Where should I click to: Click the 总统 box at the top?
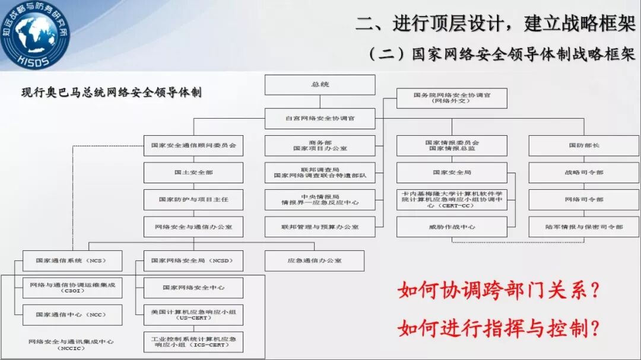pos(320,85)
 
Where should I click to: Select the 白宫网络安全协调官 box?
pos(320,118)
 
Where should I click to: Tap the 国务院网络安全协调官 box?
pos(452,98)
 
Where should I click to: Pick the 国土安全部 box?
pos(193,173)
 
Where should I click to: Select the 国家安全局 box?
pos(452,173)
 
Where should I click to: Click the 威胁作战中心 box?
pos(452,227)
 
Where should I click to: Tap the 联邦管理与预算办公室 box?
pos(320,227)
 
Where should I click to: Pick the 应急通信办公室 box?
pos(314,260)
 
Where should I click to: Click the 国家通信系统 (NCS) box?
pos(72,260)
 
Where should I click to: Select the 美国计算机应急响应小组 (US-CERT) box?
pos(193,315)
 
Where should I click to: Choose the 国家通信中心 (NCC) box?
pos(72,315)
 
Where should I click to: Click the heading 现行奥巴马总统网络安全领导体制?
pos(111,93)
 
